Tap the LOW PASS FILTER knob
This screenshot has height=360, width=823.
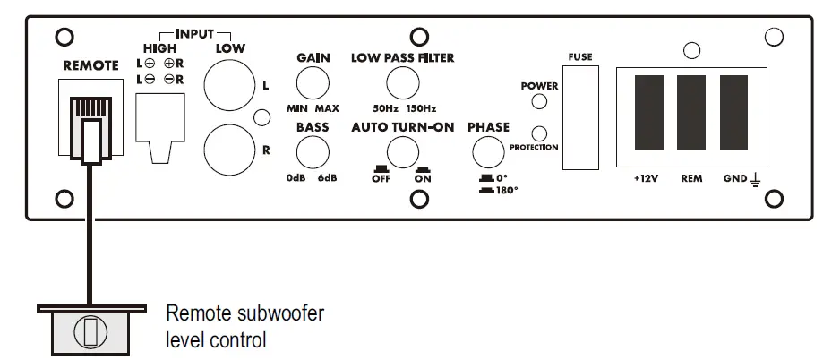[x=402, y=85]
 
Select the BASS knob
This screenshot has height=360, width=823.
[x=313, y=153]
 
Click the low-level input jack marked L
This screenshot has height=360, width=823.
[x=229, y=86]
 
